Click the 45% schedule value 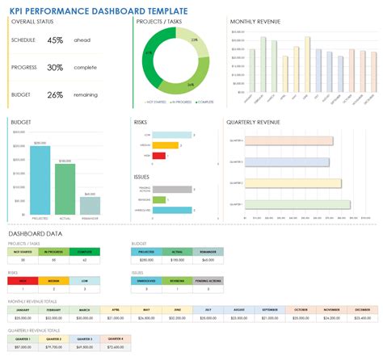(56, 40)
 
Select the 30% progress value (56, 67)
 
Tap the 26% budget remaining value (56, 94)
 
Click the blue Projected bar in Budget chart (40, 170)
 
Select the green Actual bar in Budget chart (65, 178)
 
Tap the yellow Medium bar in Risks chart (166, 145)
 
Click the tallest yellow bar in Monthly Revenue (306, 67)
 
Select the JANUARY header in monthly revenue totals (23, 309)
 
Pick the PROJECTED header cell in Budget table (146, 251)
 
